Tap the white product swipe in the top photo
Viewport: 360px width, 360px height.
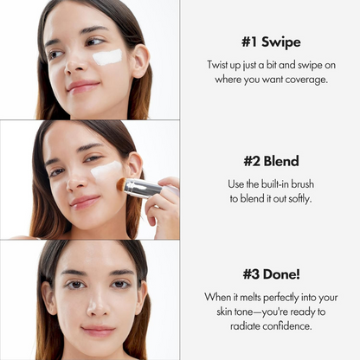pyautogui.click(x=107, y=58)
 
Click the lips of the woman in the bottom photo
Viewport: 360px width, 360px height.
pyautogui.click(x=98, y=330)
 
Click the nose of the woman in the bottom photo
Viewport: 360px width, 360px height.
pyautogui.click(x=97, y=305)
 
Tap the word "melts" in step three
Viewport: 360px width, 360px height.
pyautogui.click(x=250, y=296)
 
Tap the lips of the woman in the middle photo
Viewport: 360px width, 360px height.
pyautogui.click(x=86, y=201)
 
